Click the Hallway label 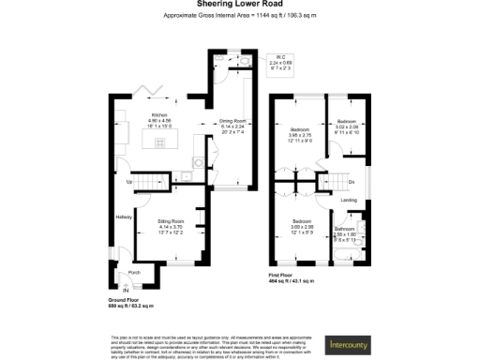click(x=123, y=217)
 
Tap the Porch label click(x=134, y=273)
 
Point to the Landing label click(x=347, y=200)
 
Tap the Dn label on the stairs click(x=351, y=182)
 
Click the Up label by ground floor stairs click(x=128, y=183)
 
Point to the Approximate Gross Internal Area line click(x=240, y=17)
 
